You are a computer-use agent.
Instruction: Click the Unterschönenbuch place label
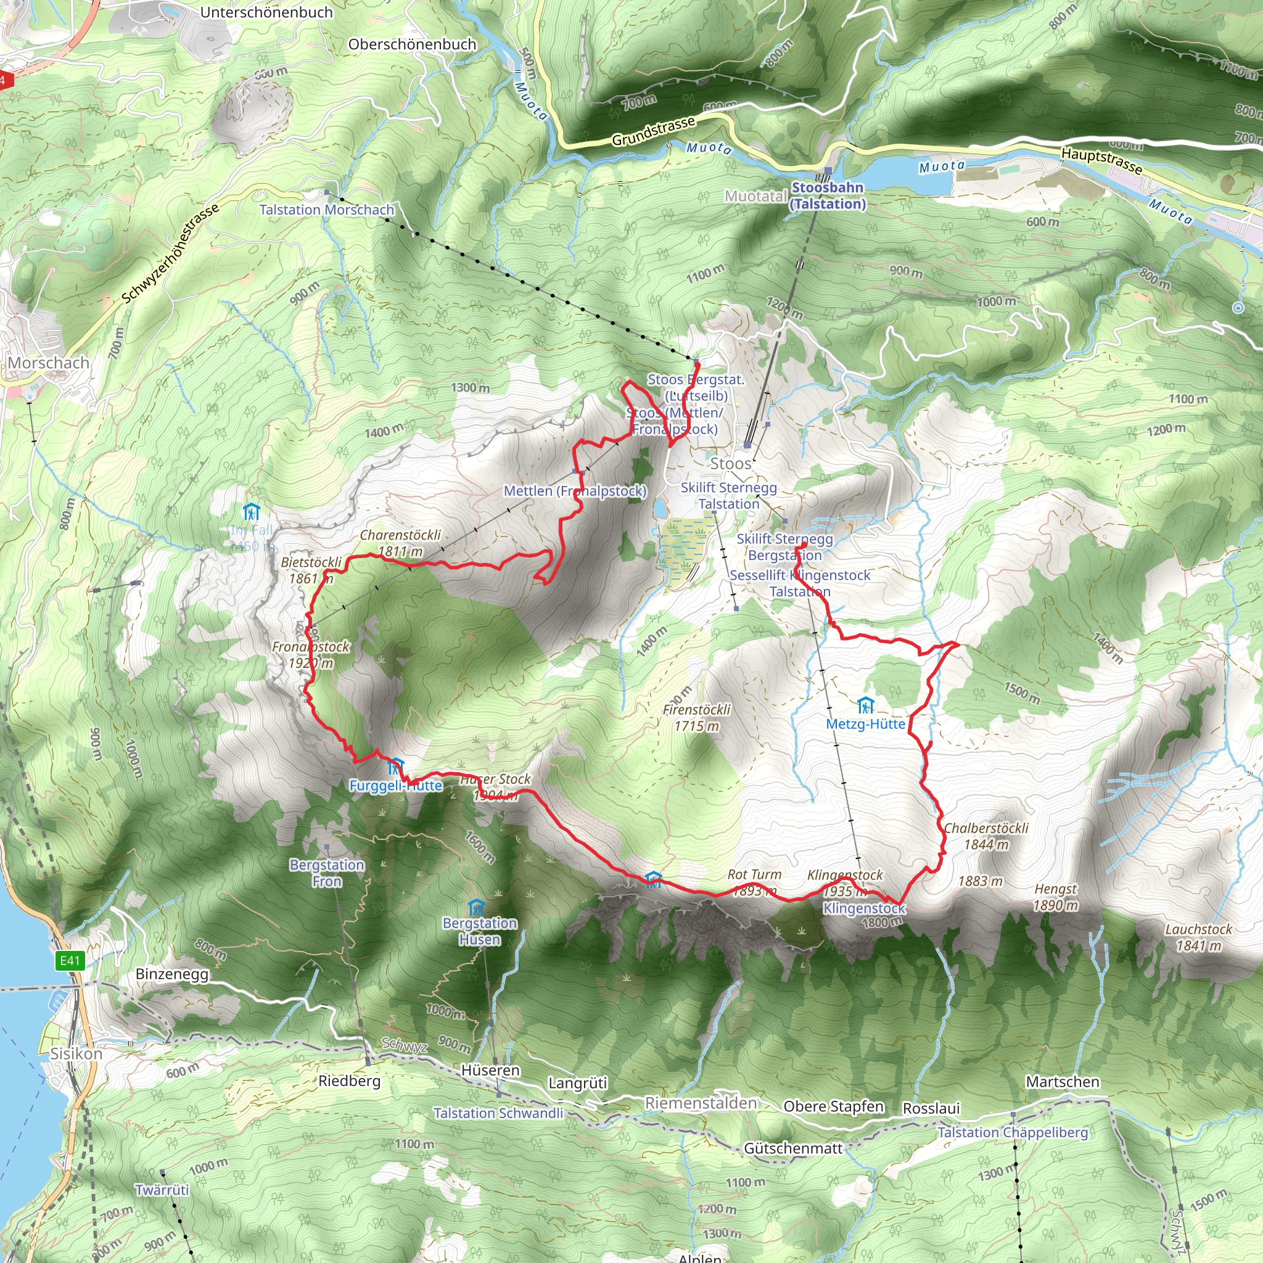tap(266, 12)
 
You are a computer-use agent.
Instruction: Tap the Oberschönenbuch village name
tap(412, 44)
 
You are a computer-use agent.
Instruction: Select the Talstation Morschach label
tap(326, 210)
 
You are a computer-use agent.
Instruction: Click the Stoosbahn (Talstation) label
tap(828, 195)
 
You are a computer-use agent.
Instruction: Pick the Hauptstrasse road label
tap(1101, 161)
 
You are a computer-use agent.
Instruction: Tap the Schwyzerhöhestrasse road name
tap(171, 254)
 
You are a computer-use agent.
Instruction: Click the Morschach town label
tap(48, 363)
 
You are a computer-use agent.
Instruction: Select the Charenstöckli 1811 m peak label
tap(400, 543)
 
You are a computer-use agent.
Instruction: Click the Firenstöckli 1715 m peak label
tap(696, 717)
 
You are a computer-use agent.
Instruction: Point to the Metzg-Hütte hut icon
tap(865, 706)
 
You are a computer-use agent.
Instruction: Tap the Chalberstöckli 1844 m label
tap(986, 836)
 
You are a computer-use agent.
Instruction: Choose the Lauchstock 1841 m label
tap(1198, 937)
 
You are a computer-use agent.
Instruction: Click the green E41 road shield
tap(70, 960)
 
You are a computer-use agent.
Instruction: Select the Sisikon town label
tap(76, 1054)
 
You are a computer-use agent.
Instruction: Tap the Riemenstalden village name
tap(701, 1103)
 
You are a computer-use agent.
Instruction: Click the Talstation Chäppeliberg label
tap(1013, 1132)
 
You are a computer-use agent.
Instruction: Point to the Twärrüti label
tap(162, 1190)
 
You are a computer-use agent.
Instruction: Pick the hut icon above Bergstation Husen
tap(477, 908)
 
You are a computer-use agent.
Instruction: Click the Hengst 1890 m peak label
tap(1055, 897)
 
